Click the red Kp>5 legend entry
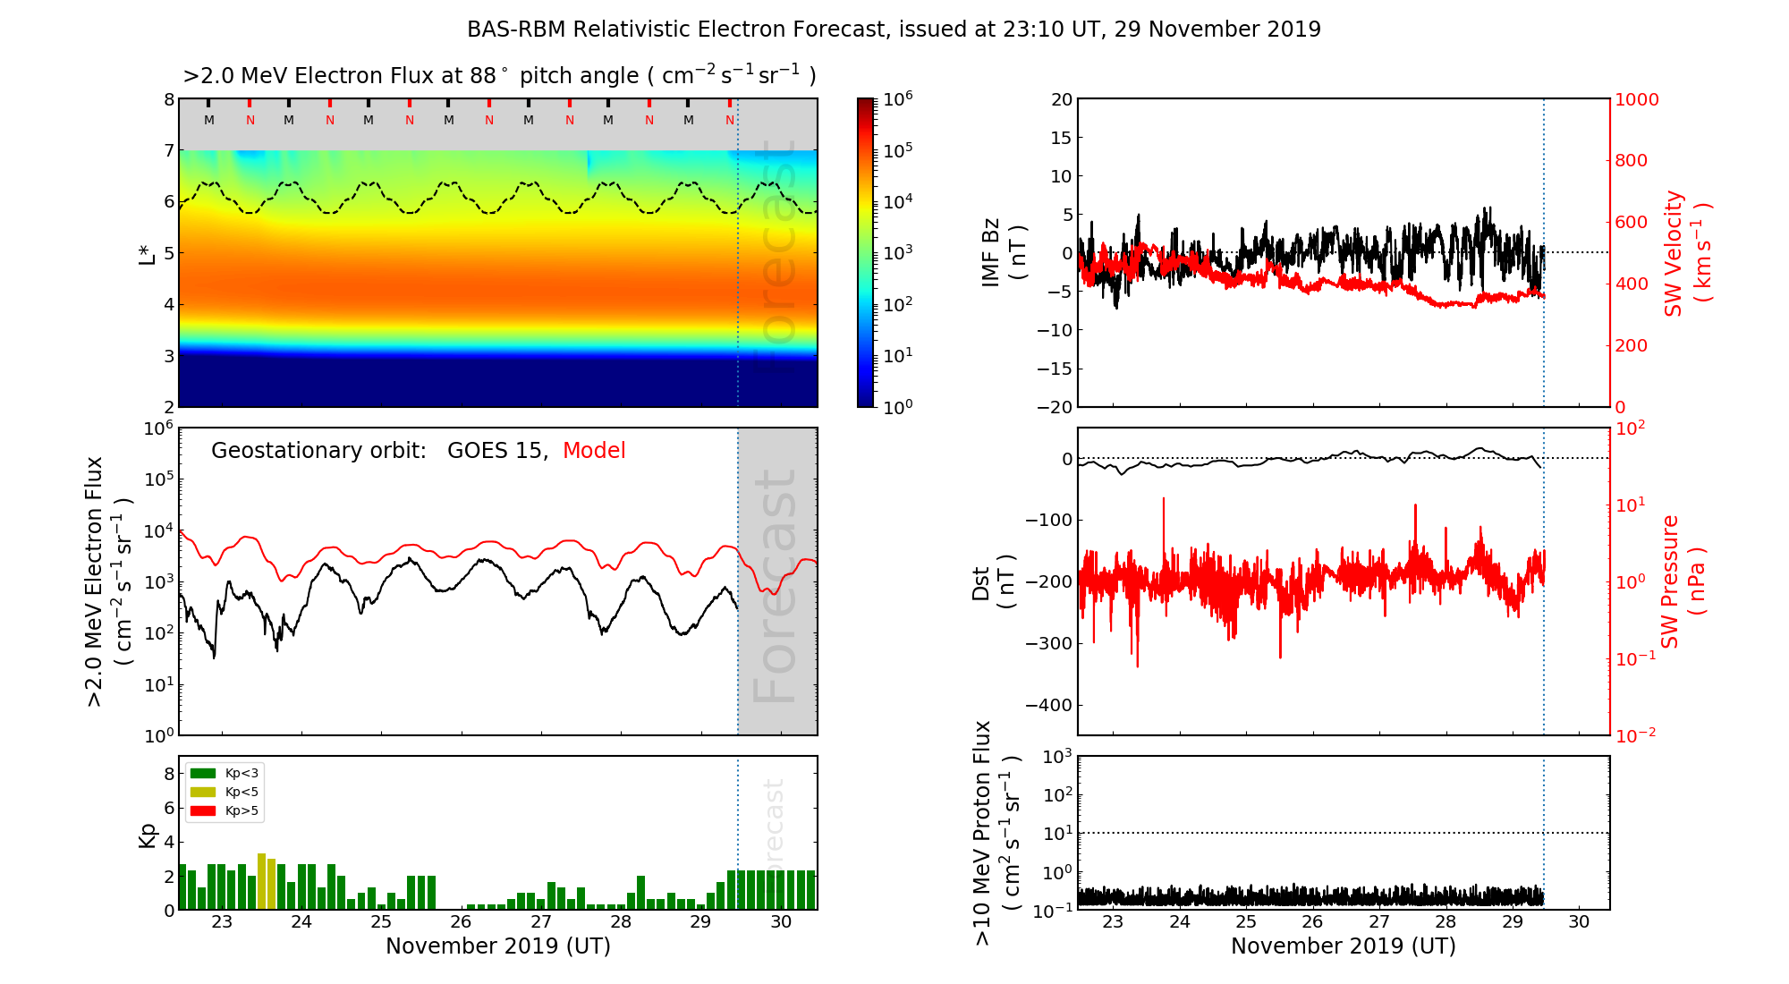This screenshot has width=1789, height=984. point(225,811)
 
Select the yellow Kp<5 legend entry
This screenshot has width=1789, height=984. point(225,792)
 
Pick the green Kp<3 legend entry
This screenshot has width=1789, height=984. point(225,773)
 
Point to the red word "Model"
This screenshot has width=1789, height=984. point(594,451)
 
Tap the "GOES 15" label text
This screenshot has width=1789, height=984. point(496,451)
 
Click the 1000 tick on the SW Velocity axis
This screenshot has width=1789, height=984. point(1636,99)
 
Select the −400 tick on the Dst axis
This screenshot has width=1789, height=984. point(1048,705)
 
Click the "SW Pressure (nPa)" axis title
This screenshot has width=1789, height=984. point(1682,581)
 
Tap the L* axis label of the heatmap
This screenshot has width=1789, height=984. point(147,253)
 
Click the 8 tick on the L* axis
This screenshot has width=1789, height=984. point(169,99)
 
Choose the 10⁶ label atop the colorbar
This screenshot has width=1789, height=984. point(897,98)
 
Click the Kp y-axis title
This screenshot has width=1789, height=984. point(147,835)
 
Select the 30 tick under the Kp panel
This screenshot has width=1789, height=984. point(781,922)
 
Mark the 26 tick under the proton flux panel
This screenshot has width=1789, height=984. point(1312,922)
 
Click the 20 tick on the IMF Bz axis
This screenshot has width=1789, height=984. point(1061,99)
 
